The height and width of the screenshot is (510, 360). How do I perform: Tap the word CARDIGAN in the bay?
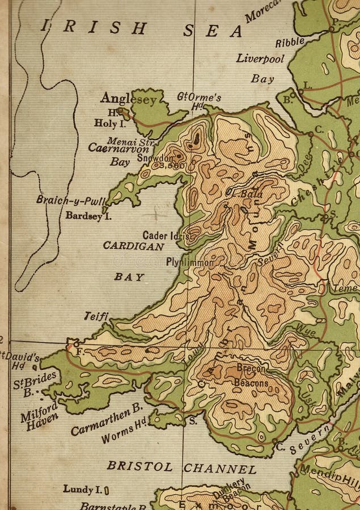[134, 246]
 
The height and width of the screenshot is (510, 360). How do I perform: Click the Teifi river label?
[96, 315]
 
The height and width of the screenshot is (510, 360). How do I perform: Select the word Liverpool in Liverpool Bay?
[260, 58]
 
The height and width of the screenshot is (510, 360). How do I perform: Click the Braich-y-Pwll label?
[62, 199]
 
